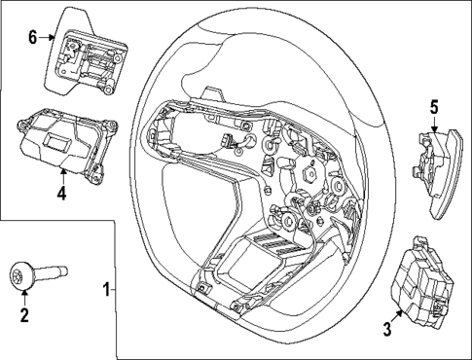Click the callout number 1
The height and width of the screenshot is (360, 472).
(x=107, y=289)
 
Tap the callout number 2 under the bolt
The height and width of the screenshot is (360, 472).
(x=24, y=313)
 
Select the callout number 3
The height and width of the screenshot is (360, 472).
(x=386, y=331)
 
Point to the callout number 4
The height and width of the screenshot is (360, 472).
(x=60, y=192)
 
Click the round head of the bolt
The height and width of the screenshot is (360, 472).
(x=23, y=276)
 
